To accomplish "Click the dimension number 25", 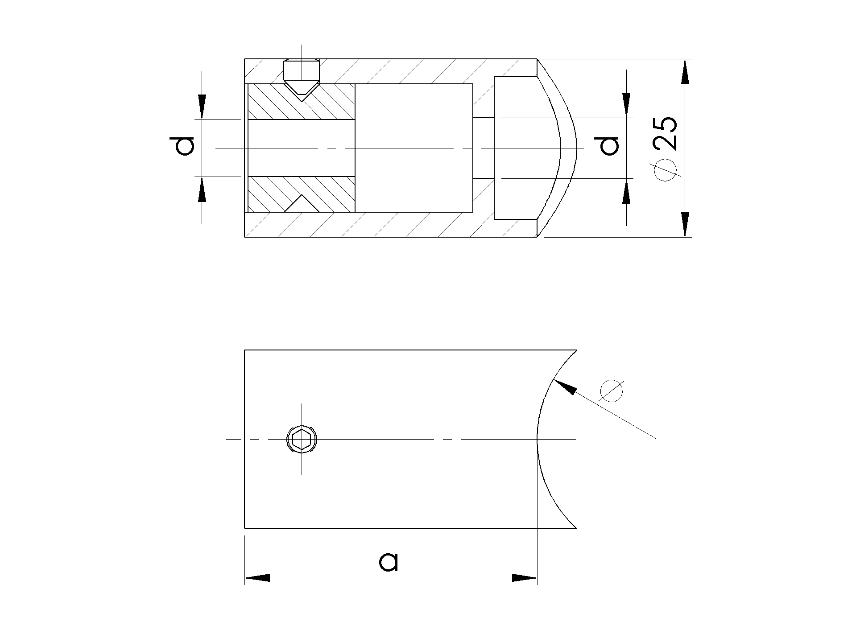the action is [665, 134].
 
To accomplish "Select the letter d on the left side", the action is [184, 146].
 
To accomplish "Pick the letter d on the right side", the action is [609, 146].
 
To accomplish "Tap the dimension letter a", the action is [389, 562].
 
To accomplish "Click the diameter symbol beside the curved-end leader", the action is [611, 391].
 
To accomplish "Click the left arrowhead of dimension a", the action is [257, 578].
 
